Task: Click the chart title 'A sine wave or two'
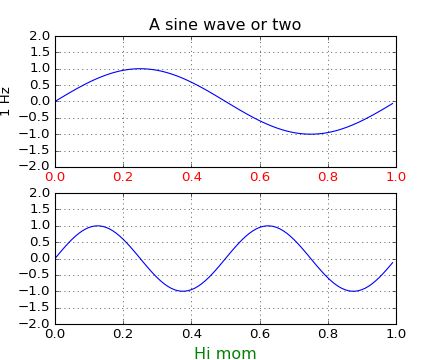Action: point(225,24)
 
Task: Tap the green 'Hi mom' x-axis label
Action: point(225,353)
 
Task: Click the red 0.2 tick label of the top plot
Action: point(123,177)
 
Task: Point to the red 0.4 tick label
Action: point(191,177)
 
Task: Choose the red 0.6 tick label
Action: point(260,177)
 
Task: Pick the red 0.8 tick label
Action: point(328,177)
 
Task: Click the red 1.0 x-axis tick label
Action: point(396,177)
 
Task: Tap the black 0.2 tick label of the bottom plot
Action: point(123,334)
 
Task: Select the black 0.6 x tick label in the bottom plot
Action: point(260,334)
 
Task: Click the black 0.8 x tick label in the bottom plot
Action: point(328,334)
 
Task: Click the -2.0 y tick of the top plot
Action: point(37,167)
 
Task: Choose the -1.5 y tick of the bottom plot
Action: point(37,308)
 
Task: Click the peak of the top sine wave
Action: point(140,68)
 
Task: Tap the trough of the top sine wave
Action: point(311,134)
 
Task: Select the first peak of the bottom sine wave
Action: point(98,225)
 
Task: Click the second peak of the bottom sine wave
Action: point(268,225)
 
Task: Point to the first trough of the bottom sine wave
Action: point(183,291)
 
